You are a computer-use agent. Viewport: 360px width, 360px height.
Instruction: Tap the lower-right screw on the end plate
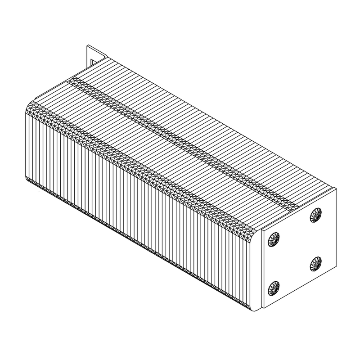point(316,263)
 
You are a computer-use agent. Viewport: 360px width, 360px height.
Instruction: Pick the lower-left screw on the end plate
point(274,288)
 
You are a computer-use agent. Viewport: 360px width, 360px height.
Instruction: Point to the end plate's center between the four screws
point(295,252)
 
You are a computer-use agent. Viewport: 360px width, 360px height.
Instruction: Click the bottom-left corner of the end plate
point(262,309)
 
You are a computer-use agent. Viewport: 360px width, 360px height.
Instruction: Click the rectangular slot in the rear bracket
point(92,62)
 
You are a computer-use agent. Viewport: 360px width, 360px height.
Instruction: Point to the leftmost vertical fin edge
point(26,144)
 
